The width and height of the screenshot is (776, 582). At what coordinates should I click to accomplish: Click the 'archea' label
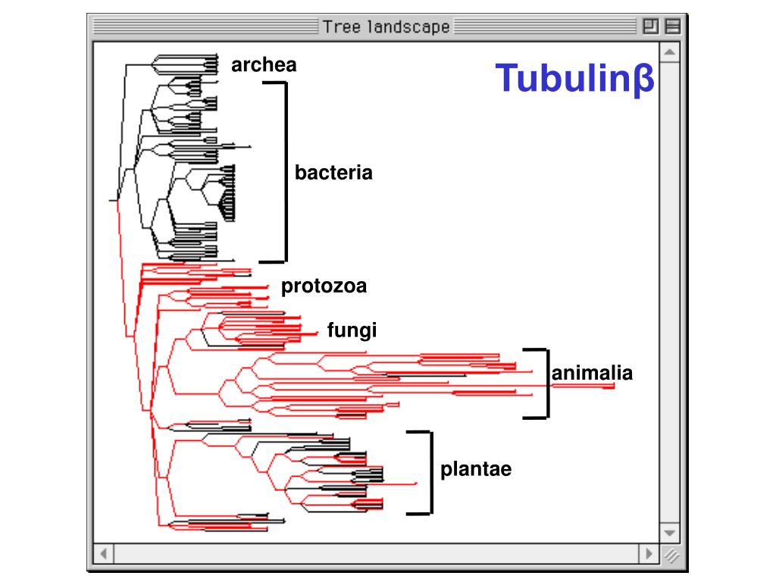(264, 65)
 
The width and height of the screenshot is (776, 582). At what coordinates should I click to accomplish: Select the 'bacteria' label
(333, 173)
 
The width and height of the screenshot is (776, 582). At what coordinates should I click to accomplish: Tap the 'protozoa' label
(324, 286)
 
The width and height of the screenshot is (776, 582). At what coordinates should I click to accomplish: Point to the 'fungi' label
(352, 330)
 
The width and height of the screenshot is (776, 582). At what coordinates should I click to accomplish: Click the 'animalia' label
(592, 373)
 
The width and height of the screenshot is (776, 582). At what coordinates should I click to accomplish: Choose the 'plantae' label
(476, 469)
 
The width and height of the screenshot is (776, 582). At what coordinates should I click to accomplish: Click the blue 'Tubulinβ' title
(574, 79)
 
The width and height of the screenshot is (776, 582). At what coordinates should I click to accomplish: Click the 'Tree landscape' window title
(386, 27)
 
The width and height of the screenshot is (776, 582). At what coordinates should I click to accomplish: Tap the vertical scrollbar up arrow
(669, 53)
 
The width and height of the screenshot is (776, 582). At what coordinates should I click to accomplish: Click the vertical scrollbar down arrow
(669, 533)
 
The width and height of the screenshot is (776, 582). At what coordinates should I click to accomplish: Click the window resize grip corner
(670, 555)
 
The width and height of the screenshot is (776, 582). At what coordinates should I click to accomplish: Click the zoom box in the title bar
(650, 27)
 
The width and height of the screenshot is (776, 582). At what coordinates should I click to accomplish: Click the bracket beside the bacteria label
(286, 171)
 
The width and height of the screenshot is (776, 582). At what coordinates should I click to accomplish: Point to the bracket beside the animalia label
(546, 383)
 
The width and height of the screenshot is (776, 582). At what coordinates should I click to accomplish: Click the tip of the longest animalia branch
(613, 386)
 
